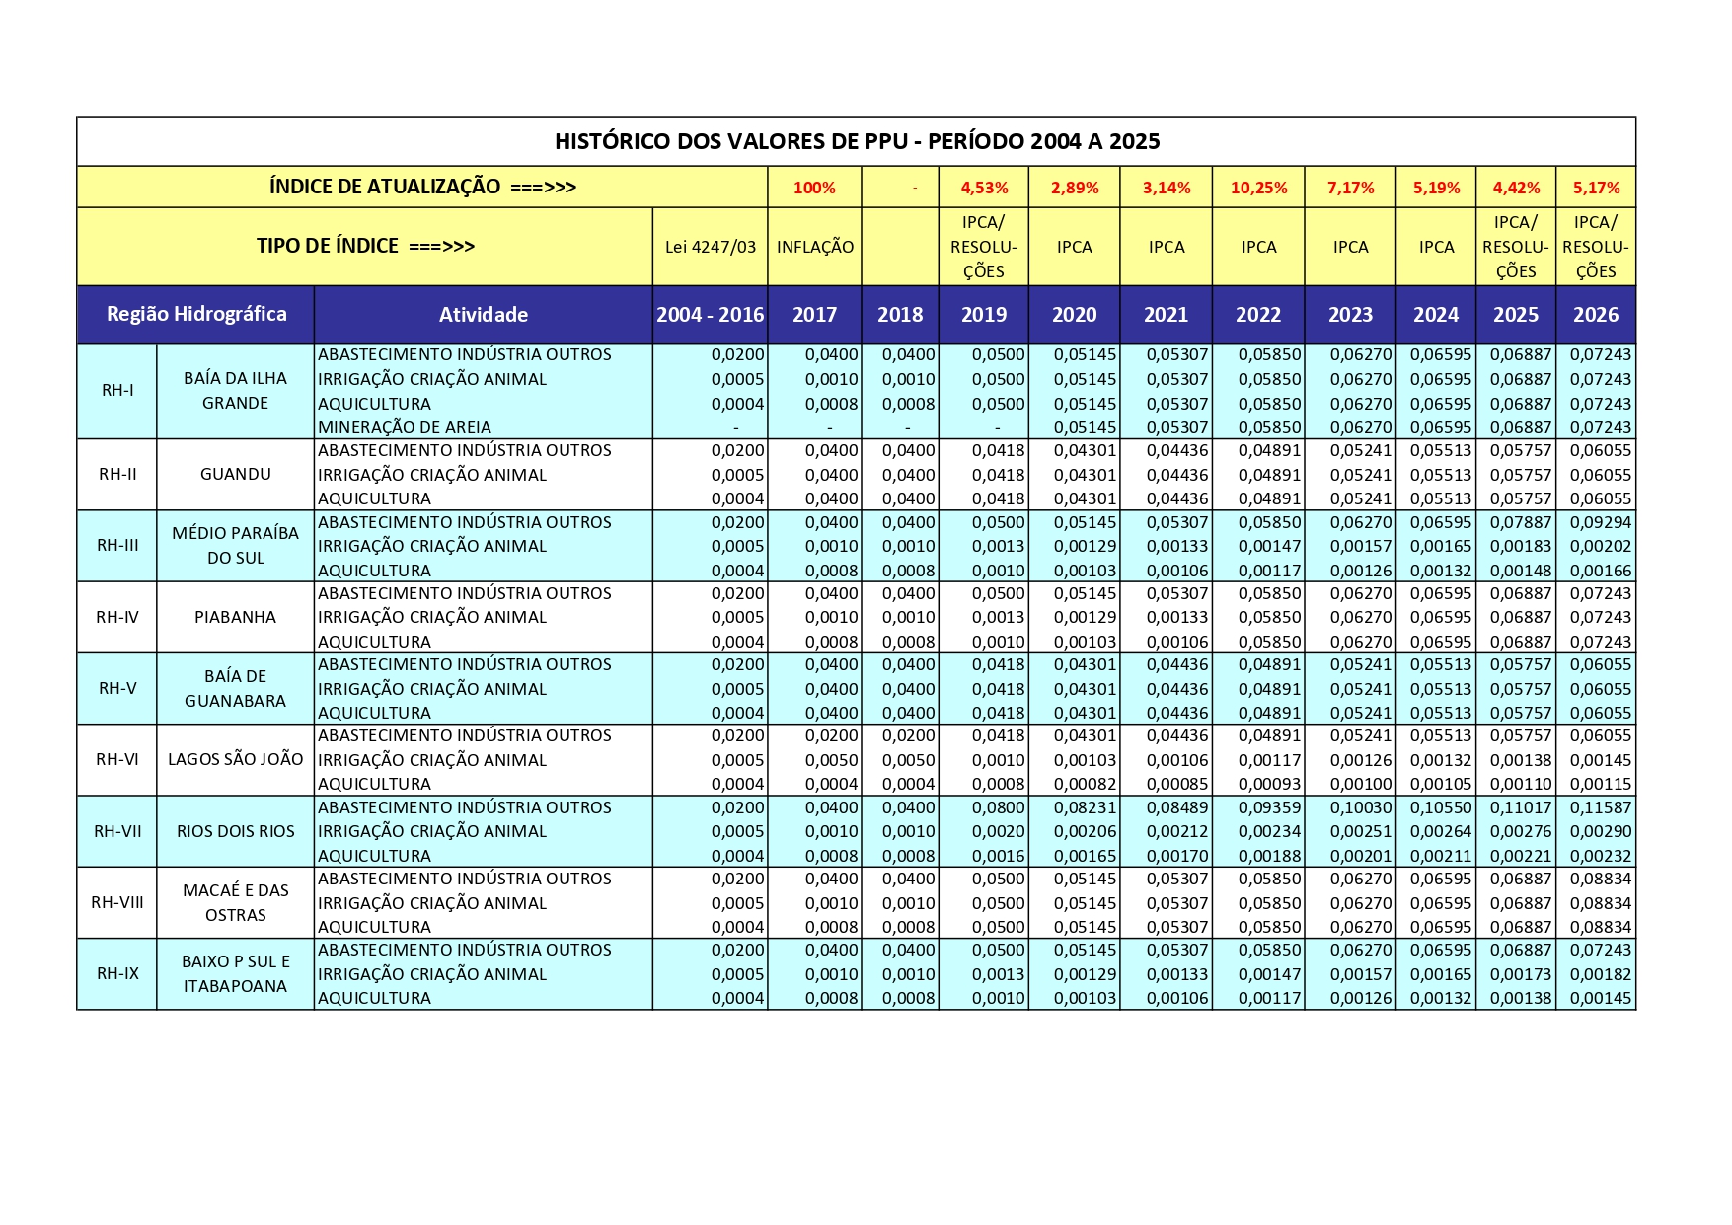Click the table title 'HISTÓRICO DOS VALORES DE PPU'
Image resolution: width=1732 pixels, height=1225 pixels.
[856, 141]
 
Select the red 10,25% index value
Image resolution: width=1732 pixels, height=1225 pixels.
[1258, 188]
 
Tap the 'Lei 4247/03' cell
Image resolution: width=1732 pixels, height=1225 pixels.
[710, 247]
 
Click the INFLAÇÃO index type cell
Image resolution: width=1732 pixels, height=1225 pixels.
[814, 247]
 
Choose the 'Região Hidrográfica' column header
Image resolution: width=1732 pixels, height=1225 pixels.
[196, 314]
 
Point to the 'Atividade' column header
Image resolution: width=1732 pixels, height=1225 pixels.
[483, 315]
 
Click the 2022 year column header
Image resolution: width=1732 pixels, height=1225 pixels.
[1258, 315]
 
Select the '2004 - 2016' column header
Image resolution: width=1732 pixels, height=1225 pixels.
[710, 315]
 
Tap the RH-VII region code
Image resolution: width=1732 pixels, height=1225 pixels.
[117, 831]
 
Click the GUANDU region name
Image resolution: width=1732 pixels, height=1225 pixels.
[235, 474]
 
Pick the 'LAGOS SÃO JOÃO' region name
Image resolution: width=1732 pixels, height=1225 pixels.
[235, 759]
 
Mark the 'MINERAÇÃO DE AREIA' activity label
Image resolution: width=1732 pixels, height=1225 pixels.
[405, 427]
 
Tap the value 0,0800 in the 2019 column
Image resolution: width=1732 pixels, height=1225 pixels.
[999, 807]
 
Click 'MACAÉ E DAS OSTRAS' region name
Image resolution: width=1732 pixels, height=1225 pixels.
[235, 902]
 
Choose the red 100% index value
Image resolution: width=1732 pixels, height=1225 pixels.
[814, 188]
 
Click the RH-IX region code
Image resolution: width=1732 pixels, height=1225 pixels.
[117, 973]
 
